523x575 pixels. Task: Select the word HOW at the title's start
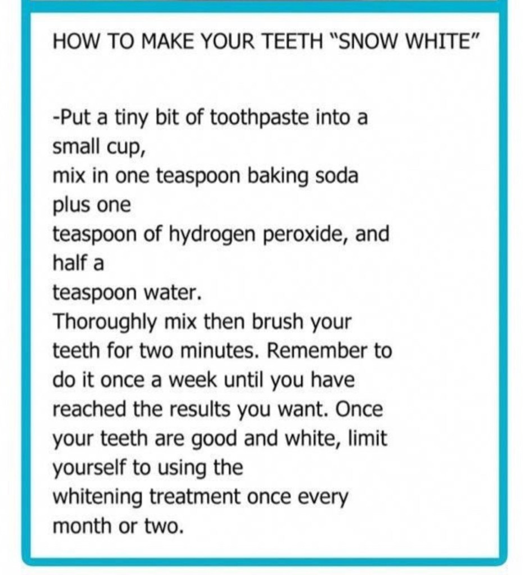(76, 40)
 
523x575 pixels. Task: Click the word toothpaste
(260, 118)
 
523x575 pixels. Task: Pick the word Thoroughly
(106, 322)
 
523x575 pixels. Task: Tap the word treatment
(195, 497)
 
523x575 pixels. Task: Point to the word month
(82, 526)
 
